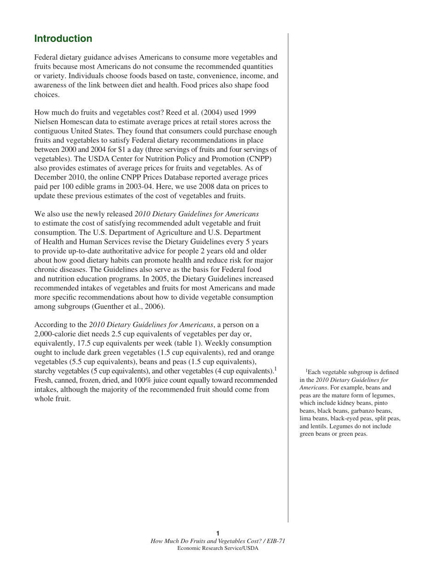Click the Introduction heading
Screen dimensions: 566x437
pyautogui.click(x=63, y=39)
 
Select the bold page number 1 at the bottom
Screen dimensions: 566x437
pyautogui.click(x=218, y=533)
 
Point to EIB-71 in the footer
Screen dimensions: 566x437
pyautogui.click(x=275, y=541)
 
